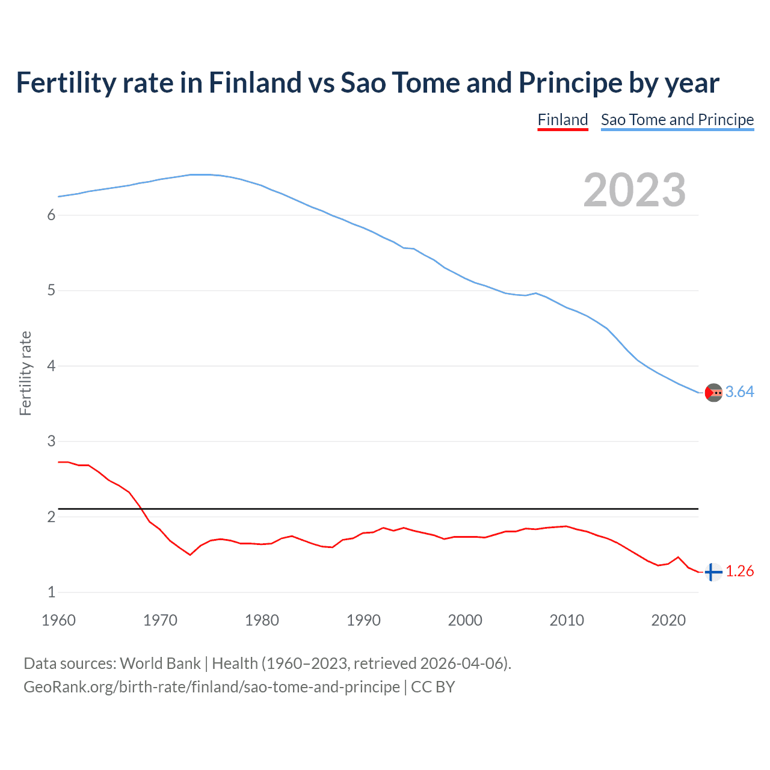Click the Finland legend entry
click(x=562, y=120)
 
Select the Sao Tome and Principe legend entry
click(x=677, y=120)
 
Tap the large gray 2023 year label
click(x=634, y=190)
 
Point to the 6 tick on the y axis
click(x=51, y=215)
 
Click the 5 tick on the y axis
click(x=51, y=291)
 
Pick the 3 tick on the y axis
click(x=51, y=442)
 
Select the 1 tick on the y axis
click(x=51, y=593)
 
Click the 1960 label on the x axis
click(x=58, y=620)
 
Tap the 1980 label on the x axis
click(x=262, y=620)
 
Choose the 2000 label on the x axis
click(x=465, y=620)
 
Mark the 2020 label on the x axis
click(x=668, y=620)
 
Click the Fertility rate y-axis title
click(x=25, y=373)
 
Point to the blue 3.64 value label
click(x=739, y=392)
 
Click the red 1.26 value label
click(x=739, y=571)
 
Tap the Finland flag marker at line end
click(x=713, y=572)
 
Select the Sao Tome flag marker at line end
click(x=713, y=393)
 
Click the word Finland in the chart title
click(x=254, y=83)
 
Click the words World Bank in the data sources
click(x=160, y=664)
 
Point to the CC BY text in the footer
click(x=433, y=687)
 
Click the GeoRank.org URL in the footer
click(x=211, y=687)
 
